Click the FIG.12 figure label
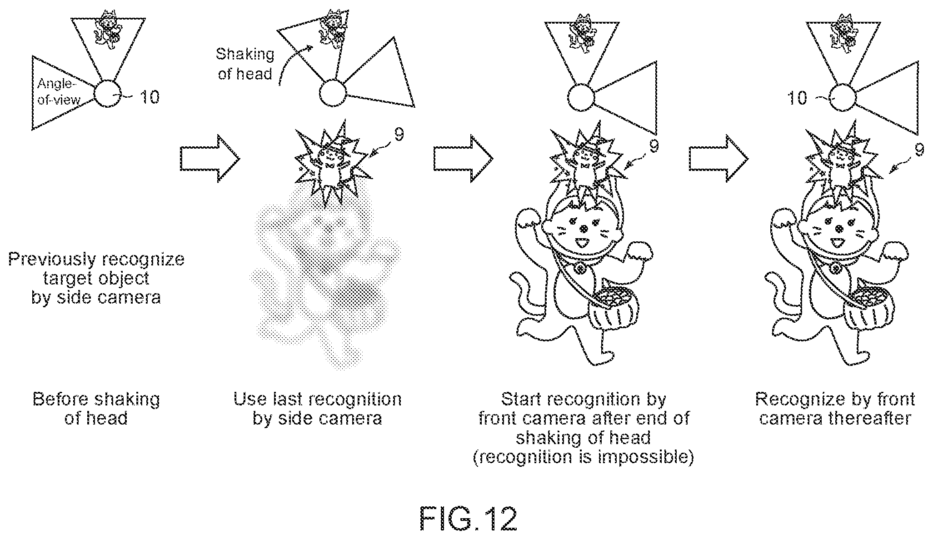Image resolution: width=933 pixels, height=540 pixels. (x=468, y=518)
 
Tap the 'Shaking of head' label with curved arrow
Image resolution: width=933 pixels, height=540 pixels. (x=245, y=64)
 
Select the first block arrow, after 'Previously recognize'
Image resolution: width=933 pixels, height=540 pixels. (x=210, y=158)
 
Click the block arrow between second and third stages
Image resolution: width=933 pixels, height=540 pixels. (x=463, y=158)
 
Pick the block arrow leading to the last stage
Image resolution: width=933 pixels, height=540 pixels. (x=718, y=158)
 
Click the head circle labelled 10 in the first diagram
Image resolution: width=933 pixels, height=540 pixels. (x=108, y=94)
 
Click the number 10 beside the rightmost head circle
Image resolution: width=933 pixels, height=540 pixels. (x=797, y=98)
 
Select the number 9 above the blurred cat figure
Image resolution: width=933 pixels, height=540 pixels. (x=398, y=135)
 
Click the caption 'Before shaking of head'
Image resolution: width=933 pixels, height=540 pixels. (x=96, y=409)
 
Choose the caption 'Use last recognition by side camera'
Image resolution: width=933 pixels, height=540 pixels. (x=317, y=409)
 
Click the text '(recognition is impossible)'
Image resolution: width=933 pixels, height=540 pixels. (x=584, y=457)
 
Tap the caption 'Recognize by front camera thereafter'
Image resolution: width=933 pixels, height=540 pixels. (x=835, y=409)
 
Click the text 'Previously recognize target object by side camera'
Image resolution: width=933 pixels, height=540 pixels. (x=96, y=278)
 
